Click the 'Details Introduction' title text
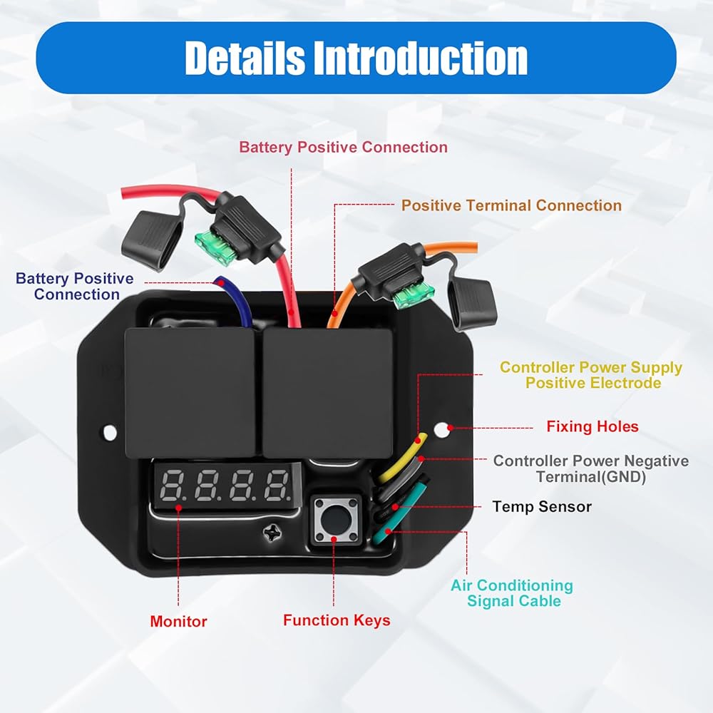pos(356,58)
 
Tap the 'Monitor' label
pos(178,621)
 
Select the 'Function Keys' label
pos(337,620)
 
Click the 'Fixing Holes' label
pos(592,426)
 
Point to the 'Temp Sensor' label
pos(542,506)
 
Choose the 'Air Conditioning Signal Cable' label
pos(512,593)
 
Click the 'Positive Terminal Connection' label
pos(511,205)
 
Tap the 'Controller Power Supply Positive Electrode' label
pos(591,375)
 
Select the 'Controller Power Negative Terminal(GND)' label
pos(590,469)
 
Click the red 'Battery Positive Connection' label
pos(344,148)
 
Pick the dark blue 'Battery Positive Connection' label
pos(75,287)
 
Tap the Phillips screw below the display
pos(272,533)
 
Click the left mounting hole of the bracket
pos(110,432)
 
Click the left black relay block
pos(190,392)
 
